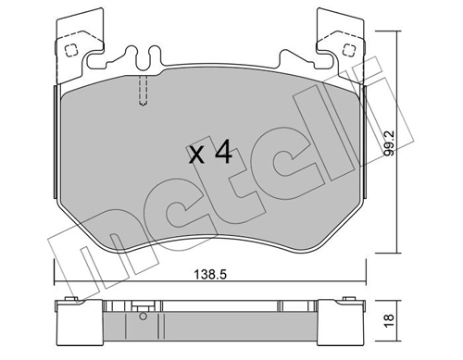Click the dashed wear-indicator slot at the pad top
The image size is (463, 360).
(142, 90)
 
